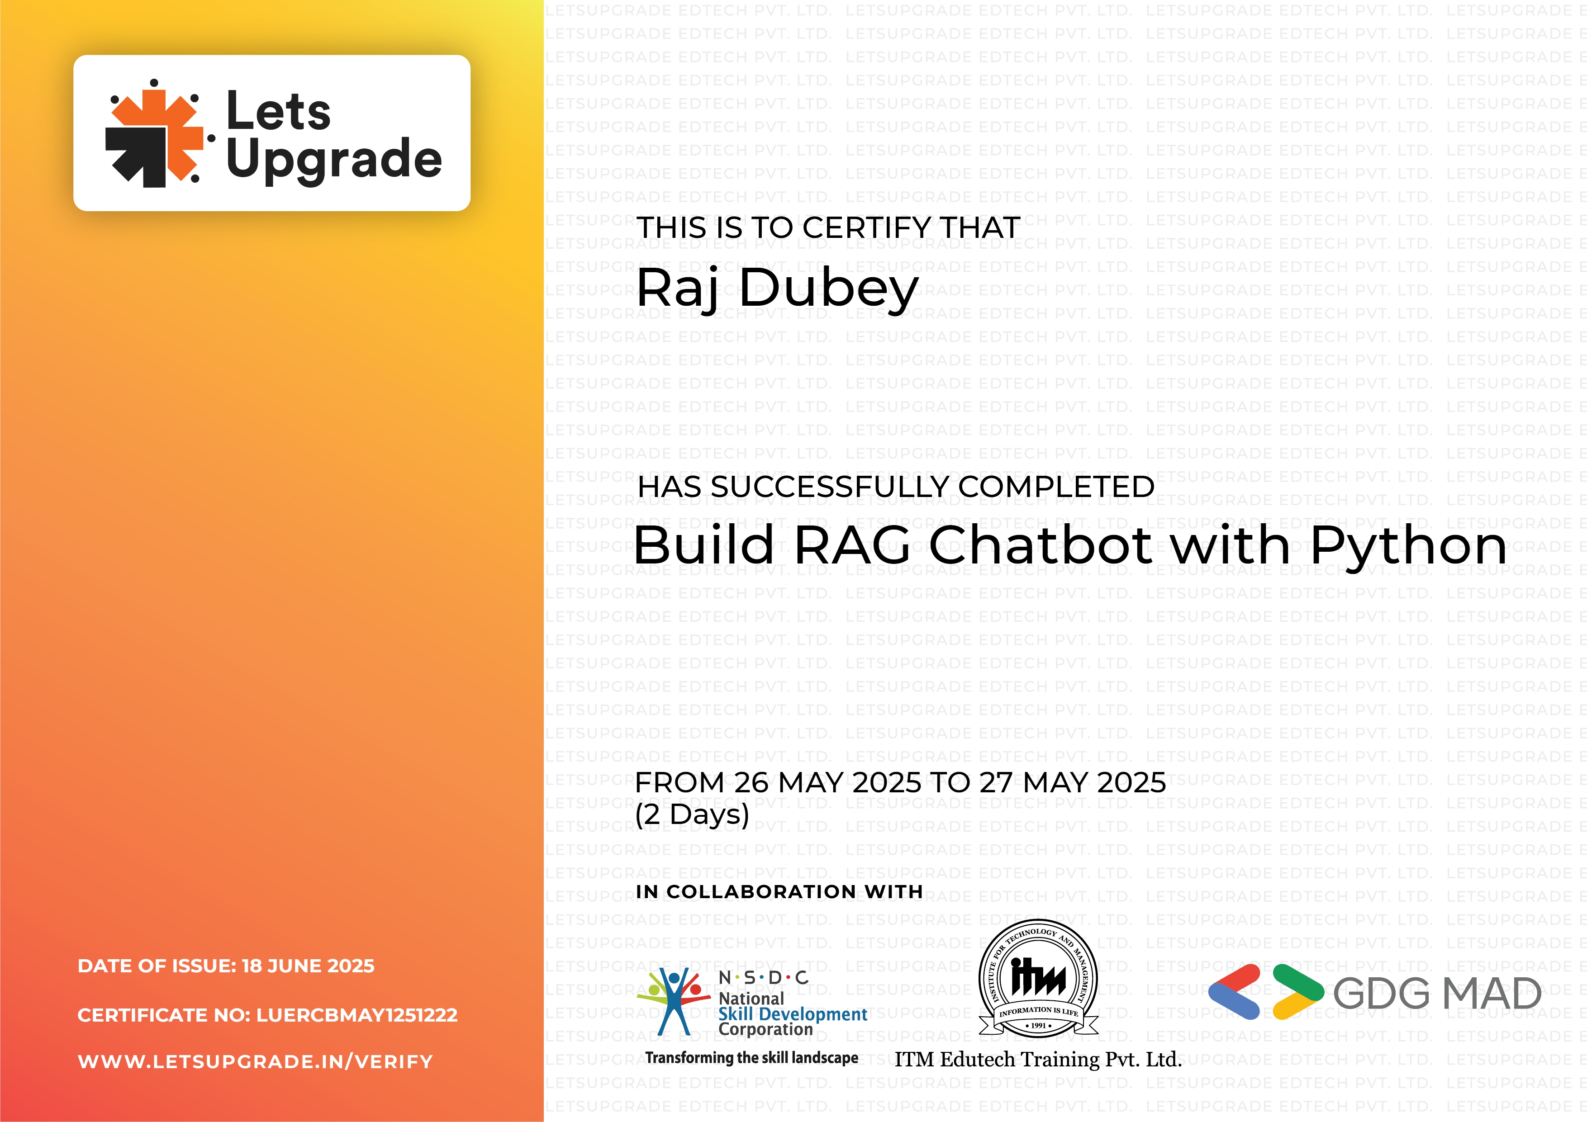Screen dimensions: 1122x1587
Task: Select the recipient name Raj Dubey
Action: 777,288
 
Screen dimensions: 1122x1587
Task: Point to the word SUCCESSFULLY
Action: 832,487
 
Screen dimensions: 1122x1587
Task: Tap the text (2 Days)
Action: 692,814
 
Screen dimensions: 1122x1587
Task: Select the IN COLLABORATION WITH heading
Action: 779,892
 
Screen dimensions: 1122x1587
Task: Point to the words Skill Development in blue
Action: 792,1014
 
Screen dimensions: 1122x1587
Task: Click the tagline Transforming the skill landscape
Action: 751,1058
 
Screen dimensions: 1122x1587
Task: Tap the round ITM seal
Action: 1038,978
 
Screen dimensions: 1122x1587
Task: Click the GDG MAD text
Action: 1436,994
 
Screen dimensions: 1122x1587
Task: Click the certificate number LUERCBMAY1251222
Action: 356,1015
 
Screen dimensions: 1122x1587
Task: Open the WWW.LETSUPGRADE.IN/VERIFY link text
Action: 255,1062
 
